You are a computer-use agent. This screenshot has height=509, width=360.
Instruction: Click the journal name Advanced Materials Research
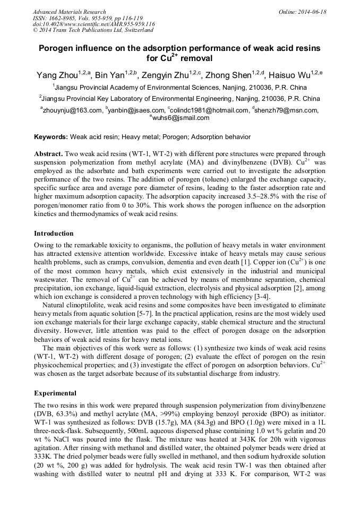[x=69, y=12]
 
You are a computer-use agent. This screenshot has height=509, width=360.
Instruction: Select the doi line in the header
[x=93, y=24]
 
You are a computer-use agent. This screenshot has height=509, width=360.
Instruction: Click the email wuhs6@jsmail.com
[x=181, y=118]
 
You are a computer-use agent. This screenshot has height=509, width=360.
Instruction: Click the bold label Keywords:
[x=51, y=137]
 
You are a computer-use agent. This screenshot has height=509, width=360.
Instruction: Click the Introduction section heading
[x=54, y=234]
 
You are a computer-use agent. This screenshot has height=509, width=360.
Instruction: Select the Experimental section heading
[x=55, y=393]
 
